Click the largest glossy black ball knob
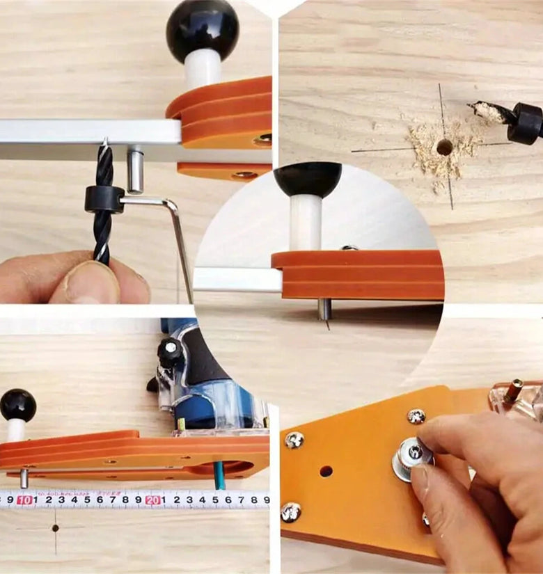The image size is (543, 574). coord(203,32)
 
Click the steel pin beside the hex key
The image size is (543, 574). coord(135,169)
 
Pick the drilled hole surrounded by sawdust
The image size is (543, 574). coord(443,148)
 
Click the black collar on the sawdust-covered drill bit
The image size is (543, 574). coord(526,121)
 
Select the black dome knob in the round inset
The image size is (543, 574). coord(308,180)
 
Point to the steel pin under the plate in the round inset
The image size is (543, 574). coord(324,310)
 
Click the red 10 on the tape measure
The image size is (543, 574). coord(24,500)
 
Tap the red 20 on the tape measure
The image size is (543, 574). coord(153,500)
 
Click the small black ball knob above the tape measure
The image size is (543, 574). coord(18,406)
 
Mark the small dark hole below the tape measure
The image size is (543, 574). coord(55,528)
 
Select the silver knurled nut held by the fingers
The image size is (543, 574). coord(411,458)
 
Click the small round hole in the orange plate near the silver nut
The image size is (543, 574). coord(325,472)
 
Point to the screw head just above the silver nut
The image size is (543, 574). coord(416,417)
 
